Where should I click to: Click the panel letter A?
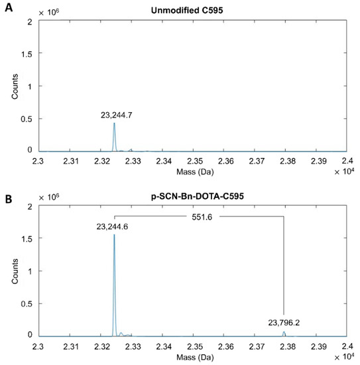[7, 6]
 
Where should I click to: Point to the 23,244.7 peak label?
[115, 115]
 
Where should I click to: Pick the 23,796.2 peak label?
[284, 323]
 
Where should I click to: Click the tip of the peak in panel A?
[114, 123]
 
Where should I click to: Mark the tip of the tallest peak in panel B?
[114, 235]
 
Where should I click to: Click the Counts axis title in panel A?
[15, 87]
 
